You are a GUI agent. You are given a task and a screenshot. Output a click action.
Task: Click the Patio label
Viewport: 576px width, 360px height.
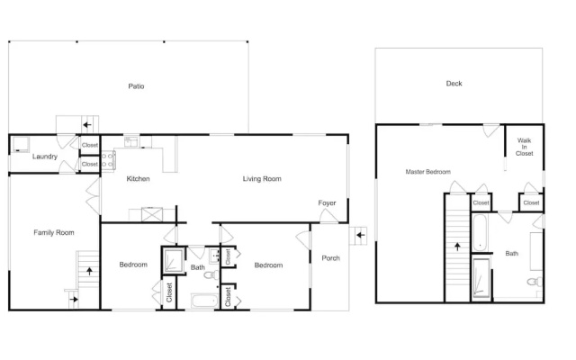(x=136, y=86)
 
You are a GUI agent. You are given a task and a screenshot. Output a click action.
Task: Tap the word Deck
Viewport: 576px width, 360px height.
(x=454, y=84)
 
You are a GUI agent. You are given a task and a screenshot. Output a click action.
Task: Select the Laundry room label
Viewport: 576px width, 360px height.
(x=45, y=157)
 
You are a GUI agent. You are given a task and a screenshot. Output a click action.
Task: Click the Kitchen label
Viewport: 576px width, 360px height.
(x=138, y=179)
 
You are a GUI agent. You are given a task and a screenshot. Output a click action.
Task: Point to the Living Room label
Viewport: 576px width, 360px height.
(x=262, y=179)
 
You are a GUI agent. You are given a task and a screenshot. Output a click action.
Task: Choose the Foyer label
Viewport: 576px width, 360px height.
(x=327, y=203)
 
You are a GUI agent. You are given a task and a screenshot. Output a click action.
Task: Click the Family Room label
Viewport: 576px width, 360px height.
(x=54, y=232)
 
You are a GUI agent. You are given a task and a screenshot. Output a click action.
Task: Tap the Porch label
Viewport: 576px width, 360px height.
(x=330, y=258)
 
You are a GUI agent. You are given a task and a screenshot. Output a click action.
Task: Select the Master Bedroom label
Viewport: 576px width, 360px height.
(x=428, y=172)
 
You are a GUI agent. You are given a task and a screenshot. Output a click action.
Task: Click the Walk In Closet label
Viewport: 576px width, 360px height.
(x=524, y=147)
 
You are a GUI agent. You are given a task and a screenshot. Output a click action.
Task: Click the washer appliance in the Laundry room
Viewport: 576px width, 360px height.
(x=21, y=144)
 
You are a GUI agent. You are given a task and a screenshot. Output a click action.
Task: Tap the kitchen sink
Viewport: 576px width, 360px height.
(x=130, y=141)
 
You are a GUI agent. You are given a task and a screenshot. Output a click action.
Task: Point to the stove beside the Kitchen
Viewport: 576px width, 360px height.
(x=108, y=160)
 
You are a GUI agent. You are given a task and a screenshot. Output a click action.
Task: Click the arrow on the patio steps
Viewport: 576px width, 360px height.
(x=87, y=125)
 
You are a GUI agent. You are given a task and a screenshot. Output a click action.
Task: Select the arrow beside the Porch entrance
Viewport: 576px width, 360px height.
(x=361, y=235)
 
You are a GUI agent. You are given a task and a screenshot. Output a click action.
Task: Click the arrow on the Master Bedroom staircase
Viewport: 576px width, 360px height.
(x=457, y=247)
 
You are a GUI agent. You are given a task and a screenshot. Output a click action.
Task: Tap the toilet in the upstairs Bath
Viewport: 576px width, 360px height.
(x=535, y=282)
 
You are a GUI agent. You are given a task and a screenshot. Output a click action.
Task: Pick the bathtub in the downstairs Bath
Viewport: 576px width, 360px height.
(x=204, y=301)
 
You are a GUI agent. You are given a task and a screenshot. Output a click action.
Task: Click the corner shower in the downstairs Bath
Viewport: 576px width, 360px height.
(x=174, y=260)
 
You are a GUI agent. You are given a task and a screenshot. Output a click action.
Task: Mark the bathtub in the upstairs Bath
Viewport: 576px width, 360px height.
(x=480, y=232)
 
